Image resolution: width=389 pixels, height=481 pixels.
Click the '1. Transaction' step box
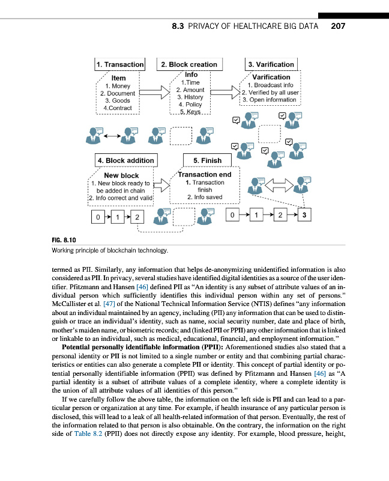coord(119,64)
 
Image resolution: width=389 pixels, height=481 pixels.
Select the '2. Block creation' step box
coord(188,64)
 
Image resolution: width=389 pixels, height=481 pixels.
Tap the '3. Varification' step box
coord(271,64)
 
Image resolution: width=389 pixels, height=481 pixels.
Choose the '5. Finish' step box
coord(208,161)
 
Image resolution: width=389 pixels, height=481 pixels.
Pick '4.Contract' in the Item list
coord(118,108)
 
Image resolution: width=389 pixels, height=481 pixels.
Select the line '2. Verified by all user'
coord(270,93)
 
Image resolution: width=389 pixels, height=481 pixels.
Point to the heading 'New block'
coord(121,176)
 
